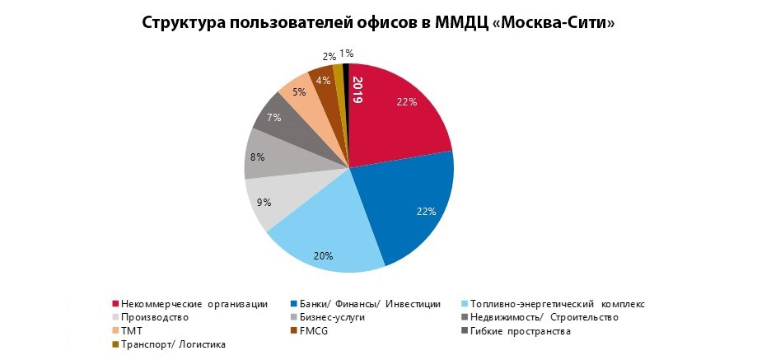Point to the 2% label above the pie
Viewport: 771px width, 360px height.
[x=329, y=56]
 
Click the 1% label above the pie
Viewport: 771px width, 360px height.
[x=347, y=54]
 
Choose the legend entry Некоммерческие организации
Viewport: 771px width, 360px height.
[x=194, y=304]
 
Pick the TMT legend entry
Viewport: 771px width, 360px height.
[x=132, y=330]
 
